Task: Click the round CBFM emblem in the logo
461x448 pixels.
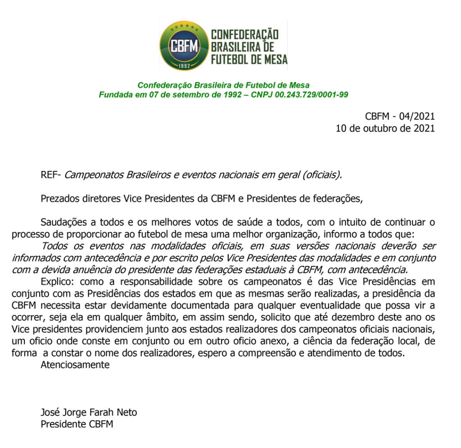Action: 184,45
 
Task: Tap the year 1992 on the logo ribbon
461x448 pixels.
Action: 184,64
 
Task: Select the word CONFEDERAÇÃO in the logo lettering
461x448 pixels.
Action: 244,35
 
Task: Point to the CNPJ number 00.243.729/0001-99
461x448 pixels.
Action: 310,95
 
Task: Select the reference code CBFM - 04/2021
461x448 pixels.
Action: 400,116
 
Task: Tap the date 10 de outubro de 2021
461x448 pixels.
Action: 385,128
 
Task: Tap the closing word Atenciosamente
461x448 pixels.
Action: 75,365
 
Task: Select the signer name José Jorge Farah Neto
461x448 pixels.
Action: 89,412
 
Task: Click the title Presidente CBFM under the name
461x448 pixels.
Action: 77,424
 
